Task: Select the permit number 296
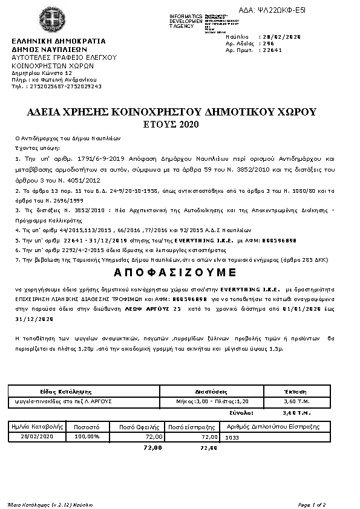coord(266,44)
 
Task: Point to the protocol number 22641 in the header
coord(270,51)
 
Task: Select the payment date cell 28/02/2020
coord(38,436)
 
